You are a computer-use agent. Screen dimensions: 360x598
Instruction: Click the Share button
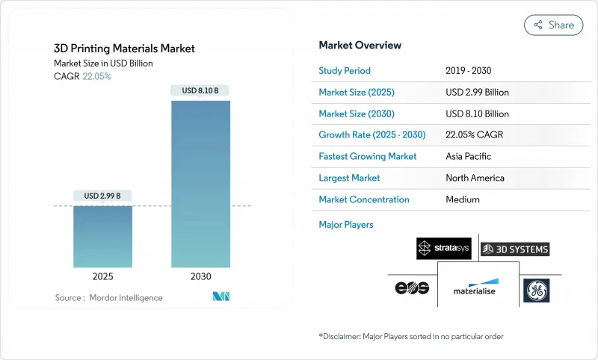[x=553, y=25]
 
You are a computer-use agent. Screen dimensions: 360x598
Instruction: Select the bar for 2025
[x=103, y=236]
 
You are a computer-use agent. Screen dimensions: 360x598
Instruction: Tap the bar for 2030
[x=200, y=184]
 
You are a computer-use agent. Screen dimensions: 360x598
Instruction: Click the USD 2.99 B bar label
[x=103, y=196]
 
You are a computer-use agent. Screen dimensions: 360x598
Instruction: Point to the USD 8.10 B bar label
[x=200, y=91]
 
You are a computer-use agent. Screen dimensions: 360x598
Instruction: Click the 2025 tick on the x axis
[x=103, y=276]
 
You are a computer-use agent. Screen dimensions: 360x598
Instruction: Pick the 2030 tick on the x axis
[x=200, y=276]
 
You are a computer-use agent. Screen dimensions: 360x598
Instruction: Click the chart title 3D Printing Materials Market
[x=124, y=49]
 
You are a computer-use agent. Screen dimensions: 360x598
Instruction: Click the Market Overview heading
[x=360, y=46]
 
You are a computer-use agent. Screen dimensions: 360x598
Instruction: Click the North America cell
[x=475, y=178]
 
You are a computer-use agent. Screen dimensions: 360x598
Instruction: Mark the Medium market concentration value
[x=463, y=199]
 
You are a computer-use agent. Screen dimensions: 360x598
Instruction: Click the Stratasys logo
[x=443, y=248]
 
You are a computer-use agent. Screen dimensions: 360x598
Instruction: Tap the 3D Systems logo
[x=515, y=249]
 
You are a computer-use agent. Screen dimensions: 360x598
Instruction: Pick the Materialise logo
[x=475, y=288]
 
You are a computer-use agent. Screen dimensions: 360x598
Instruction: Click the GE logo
[x=537, y=289]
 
